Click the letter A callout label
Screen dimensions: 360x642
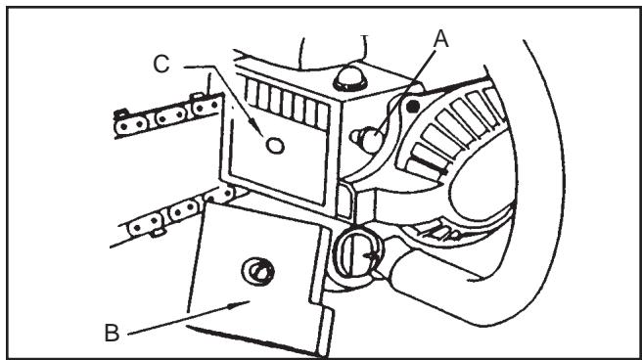441,39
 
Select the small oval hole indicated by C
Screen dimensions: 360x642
275,146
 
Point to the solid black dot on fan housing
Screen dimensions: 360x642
415,104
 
